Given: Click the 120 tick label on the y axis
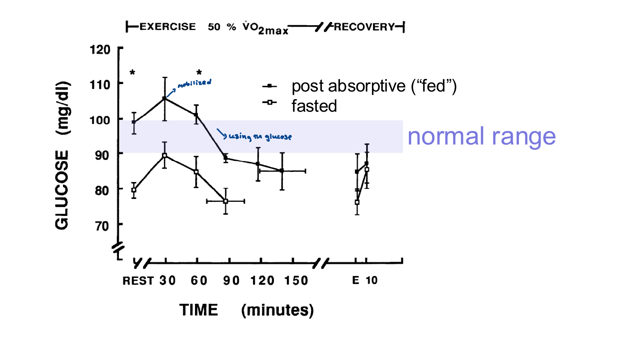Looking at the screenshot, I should click(x=100, y=49).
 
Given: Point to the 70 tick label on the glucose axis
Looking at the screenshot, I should click(x=102, y=226).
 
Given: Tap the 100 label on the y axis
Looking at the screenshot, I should click(x=100, y=120).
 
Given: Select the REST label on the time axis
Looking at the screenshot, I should click(x=138, y=281).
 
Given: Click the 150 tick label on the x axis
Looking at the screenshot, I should click(x=296, y=281).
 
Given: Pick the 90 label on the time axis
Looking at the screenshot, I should click(x=231, y=281).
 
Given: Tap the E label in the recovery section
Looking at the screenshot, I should click(x=356, y=280).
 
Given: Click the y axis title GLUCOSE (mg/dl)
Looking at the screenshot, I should click(x=62, y=155).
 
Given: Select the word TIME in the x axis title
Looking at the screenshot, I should click(x=199, y=310).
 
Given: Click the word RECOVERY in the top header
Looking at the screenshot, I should click(x=364, y=27).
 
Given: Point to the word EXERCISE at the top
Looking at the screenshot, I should click(x=168, y=27).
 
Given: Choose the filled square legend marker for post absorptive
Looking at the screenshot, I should click(x=270, y=86).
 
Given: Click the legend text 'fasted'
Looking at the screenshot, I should click(x=314, y=106).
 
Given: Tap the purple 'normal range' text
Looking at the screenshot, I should click(x=481, y=137).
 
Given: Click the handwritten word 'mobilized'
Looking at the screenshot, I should click(x=195, y=83).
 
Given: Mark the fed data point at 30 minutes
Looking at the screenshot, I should click(x=165, y=98).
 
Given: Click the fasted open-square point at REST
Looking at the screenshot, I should click(x=134, y=190).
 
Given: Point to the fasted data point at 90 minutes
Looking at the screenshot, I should click(x=226, y=201).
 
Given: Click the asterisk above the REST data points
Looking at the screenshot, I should click(x=133, y=73).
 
